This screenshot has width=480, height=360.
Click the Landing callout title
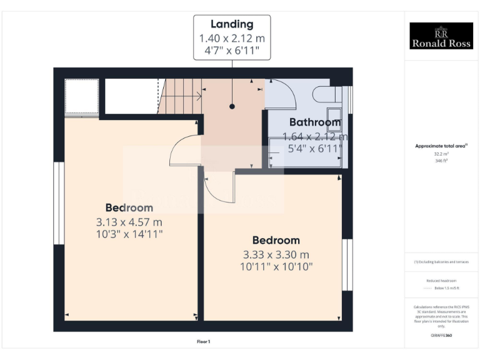(x=232, y=24)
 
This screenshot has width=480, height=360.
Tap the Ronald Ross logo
(x=441, y=36)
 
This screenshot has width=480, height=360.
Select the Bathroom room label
(x=314, y=122)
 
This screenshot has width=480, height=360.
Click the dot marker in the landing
(x=232, y=106)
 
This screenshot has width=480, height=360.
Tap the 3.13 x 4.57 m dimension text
(x=129, y=222)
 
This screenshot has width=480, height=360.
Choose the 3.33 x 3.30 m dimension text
(x=276, y=254)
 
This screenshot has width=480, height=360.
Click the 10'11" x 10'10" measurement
(x=276, y=267)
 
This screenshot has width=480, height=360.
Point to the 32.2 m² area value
(x=441, y=154)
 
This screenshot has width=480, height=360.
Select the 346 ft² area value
(x=441, y=161)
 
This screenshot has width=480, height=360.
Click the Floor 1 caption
(x=203, y=342)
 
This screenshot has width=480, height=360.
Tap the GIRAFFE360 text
(x=441, y=336)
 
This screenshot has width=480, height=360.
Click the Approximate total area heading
(x=441, y=146)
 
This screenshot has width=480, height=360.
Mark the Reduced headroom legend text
(x=441, y=281)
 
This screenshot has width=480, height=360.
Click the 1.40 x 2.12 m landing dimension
(x=232, y=39)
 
